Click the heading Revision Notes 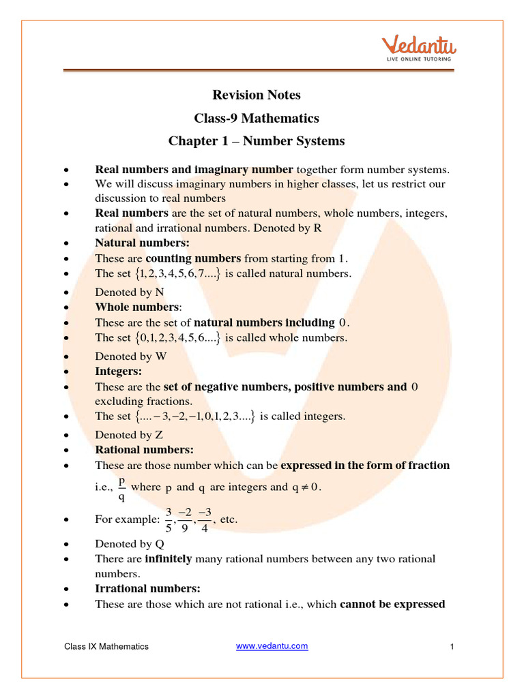(x=257, y=95)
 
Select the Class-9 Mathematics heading (x=257, y=118)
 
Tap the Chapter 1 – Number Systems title (x=257, y=141)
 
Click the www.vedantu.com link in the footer (x=272, y=646)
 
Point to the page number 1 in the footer (x=452, y=646)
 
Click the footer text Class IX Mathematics (x=106, y=646)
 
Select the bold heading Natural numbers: (x=142, y=243)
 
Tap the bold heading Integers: (x=118, y=371)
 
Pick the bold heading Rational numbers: (x=144, y=450)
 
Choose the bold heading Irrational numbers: (x=147, y=588)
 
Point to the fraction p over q (x=122, y=488)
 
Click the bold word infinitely (x=169, y=559)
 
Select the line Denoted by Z (x=129, y=435)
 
